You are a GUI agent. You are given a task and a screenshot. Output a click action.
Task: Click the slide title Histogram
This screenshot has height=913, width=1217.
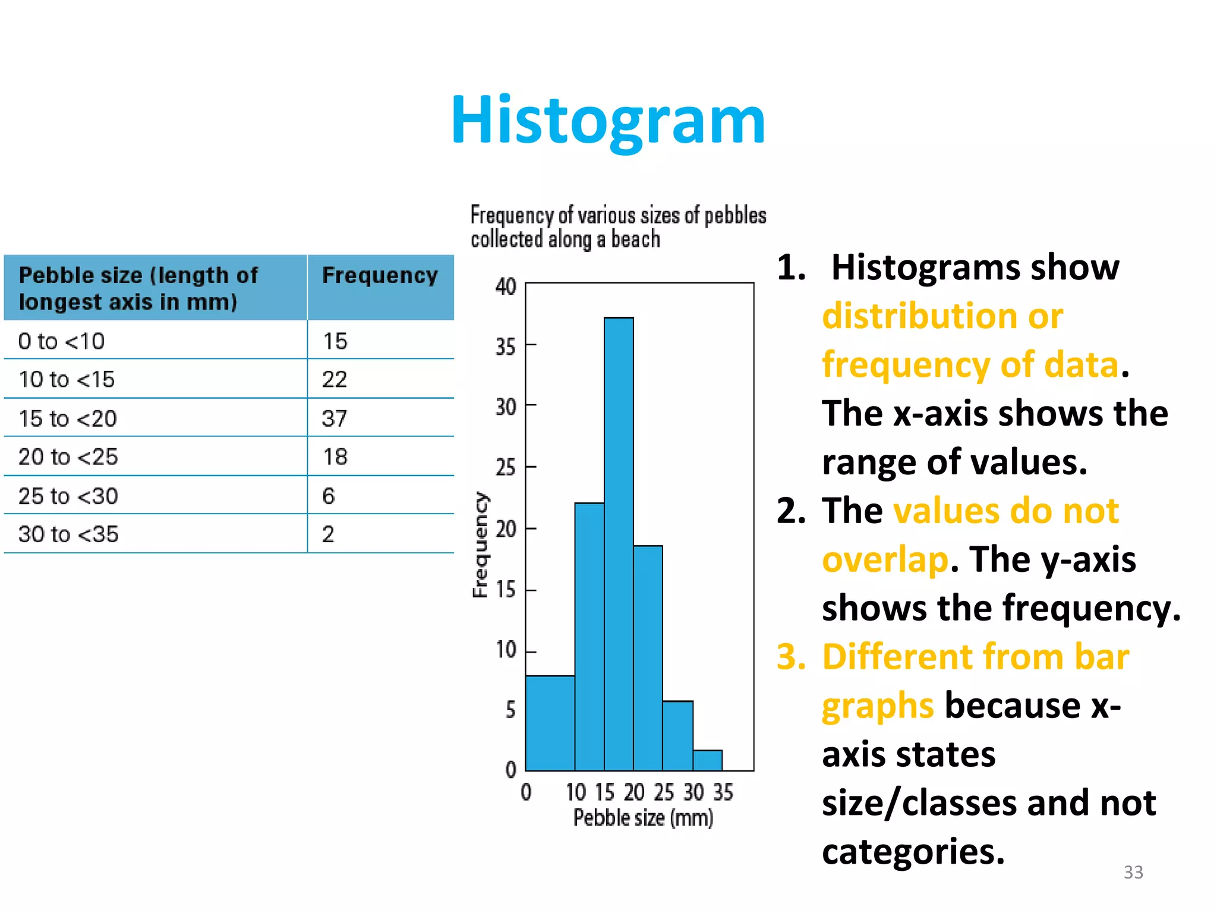608,121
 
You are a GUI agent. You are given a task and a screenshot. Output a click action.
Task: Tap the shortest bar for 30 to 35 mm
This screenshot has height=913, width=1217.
707,760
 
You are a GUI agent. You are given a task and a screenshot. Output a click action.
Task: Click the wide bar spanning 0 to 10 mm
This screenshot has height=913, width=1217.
550,723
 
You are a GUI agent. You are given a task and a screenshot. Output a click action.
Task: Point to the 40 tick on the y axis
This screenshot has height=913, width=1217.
506,287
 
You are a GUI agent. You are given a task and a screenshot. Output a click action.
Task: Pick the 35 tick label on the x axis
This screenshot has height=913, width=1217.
723,792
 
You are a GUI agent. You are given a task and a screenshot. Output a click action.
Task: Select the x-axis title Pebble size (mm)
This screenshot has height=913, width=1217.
643,818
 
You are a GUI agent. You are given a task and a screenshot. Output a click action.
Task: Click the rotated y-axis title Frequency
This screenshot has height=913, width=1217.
480,544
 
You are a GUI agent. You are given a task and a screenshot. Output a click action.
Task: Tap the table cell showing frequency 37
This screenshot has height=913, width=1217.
335,418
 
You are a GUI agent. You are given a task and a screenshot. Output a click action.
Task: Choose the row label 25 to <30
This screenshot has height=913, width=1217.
68,496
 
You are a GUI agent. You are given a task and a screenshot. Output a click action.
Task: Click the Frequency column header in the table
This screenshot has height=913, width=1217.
380,275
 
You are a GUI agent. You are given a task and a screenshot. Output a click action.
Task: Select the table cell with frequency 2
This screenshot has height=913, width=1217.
329,534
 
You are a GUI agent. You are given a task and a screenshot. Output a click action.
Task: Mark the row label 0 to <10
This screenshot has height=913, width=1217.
62,341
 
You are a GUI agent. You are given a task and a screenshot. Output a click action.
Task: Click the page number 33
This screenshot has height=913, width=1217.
1133,872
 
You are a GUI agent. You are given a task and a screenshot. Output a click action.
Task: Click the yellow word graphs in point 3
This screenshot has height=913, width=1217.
878,706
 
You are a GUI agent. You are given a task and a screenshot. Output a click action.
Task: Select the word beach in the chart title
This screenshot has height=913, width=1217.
635,240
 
